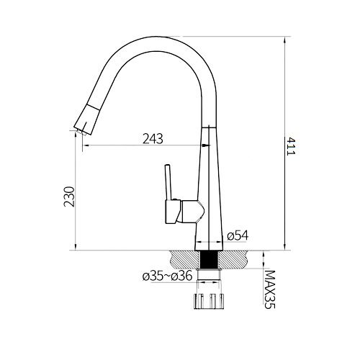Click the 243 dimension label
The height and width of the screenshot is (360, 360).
point(153,138)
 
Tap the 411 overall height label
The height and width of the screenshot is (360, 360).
point(291,146)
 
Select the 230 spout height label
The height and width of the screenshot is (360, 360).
point(70,197)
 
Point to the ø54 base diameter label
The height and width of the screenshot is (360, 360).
point(238,235)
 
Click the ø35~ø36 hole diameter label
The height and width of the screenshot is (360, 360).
point(167,276)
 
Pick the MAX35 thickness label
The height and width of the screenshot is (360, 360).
point(269,289)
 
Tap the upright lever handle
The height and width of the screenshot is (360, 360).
point(168,182)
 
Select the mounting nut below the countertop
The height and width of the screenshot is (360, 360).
point(209,301)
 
